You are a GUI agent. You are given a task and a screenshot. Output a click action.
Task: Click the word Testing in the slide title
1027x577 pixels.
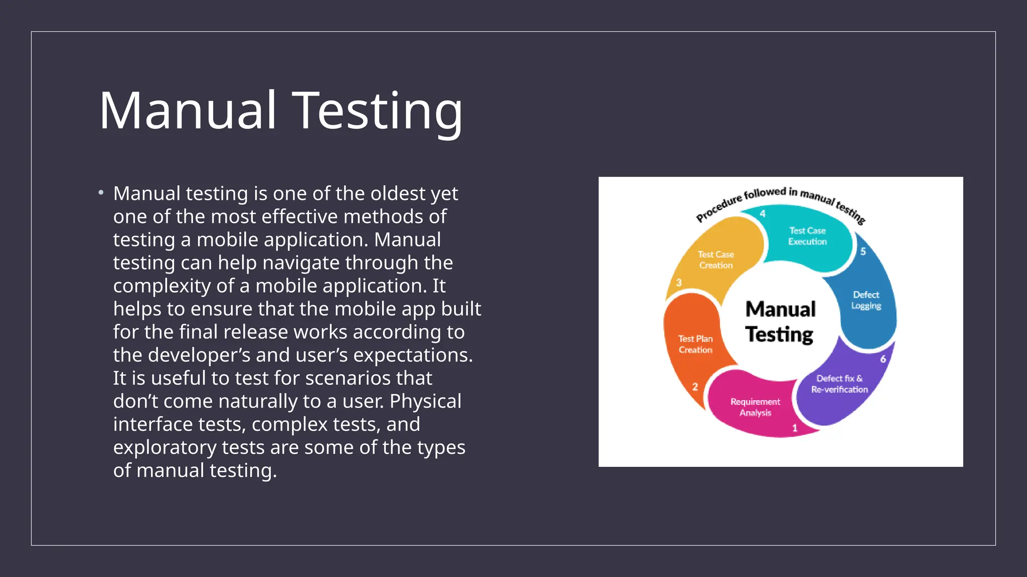[x=377, y=111]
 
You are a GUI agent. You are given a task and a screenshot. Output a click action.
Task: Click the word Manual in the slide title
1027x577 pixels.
[x=188, y=111]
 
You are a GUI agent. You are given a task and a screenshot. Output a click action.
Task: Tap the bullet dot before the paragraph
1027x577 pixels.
[x=101, y=193]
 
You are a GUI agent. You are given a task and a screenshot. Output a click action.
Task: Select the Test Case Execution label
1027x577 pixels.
[x=807, y=236]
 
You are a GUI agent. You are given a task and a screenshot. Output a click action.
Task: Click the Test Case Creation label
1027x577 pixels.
[x=716, y=260]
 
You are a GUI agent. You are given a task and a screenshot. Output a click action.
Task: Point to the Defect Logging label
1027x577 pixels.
[x=866, y=300]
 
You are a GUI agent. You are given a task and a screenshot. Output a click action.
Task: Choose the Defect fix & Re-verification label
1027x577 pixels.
[x=839, y=384]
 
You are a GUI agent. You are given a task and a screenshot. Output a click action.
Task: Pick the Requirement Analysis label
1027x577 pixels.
[x=755, y=407]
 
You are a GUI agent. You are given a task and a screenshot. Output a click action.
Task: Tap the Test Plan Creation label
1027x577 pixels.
[x=696, y=344]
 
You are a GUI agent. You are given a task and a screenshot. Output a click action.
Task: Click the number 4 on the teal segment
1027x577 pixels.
[x=763, y=214]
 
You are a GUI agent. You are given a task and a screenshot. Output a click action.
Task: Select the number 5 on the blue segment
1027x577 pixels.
[x=863, y=251]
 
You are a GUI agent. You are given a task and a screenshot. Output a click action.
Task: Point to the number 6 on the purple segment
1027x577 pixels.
[x=883, y=359]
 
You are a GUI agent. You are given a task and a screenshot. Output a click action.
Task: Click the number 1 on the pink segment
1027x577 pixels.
[x=795, y=428]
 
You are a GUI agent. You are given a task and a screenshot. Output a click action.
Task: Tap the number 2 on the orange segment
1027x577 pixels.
[x=695, y=387]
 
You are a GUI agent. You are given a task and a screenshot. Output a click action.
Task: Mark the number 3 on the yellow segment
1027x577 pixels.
[x=679, y=282]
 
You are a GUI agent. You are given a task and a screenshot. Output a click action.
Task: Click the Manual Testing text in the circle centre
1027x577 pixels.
[x=780, y=322]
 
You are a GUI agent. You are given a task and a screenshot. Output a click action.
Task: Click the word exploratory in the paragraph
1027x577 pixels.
[x=164, y=447]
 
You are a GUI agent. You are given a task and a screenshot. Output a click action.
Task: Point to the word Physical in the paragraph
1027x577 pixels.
[x=425, y=401]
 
